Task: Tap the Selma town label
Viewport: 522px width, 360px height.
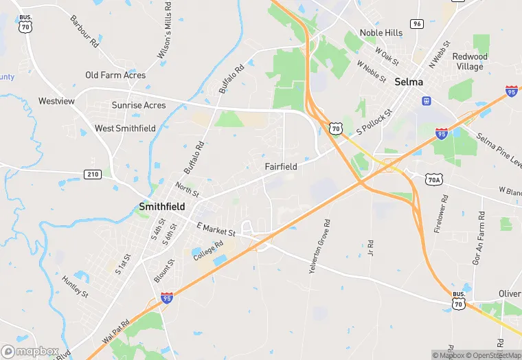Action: pyautogui.click(x=409, y=82)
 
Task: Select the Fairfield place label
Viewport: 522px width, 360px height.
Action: pyautogui.click(x=281, y=166)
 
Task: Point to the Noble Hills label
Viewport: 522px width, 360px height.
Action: pyautogui.click(x=381, y=32)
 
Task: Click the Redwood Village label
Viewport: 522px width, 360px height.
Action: pyautogui.click(x=470, y=61)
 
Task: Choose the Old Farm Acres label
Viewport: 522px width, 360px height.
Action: pyautogui.click(x=115, y=75)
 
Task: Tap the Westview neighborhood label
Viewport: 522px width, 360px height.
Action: pyautogui.click(x=56, y=101)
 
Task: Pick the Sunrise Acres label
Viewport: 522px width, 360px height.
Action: pyautogui.click(x=139, y=105)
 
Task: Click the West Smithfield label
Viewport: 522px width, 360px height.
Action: pyautogui.click(x=125, y=128)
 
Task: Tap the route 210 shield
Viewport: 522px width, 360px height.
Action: pyautogui.click(x=93, y=175)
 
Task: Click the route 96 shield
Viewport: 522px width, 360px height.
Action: pyautogui.click(x=417, y=23)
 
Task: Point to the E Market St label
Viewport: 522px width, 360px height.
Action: pyautogui.click(x=216, y=229)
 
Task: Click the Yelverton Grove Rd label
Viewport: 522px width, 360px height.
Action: pyautogui.click(x=317, y=247)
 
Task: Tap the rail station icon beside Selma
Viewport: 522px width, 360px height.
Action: pyautogui.click(x=427, y=101)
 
